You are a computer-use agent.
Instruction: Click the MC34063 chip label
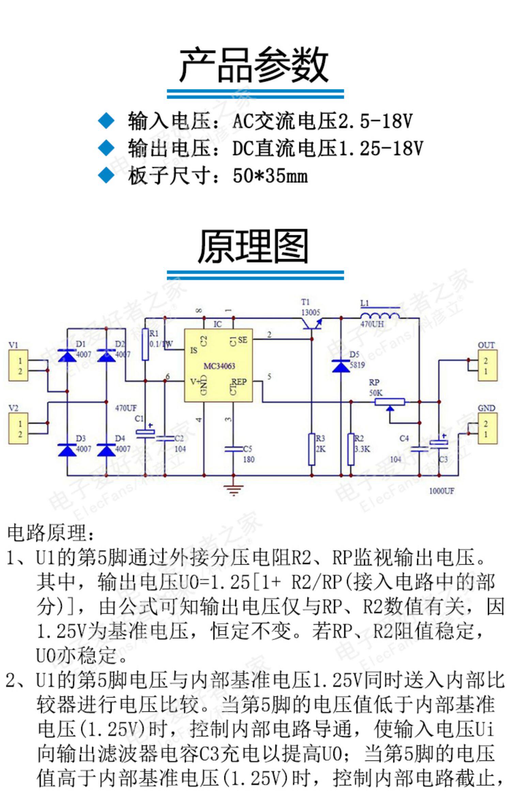coord(219,366)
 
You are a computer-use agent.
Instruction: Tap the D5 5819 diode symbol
coord(341,366)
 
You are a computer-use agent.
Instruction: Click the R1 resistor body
coord(145,344)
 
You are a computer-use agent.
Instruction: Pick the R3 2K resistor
coord(312,449)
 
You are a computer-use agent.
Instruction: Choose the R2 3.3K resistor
coord(351,449)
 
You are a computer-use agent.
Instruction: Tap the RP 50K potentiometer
coord(390,402)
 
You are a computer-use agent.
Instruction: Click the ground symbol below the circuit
coord(233,490)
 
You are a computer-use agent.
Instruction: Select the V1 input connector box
coord(18,365)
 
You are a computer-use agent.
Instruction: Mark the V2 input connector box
coord(18,428)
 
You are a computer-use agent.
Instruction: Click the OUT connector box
coord(487,365)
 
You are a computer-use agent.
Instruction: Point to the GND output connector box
coord(487,428)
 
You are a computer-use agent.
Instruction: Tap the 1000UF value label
coord(442,491)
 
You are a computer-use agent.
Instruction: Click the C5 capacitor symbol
coord(233,449)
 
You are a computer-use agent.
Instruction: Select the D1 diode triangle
coord(67,356)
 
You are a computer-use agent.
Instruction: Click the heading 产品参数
coord(254,65)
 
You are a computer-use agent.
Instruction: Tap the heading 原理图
coord(253,246)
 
